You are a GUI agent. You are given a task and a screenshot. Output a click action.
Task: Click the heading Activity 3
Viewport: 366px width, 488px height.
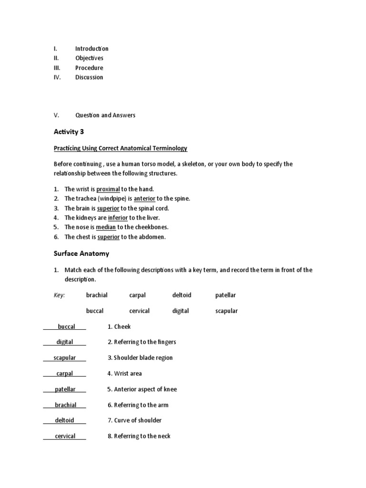pyautogui.click(x=69, y=132)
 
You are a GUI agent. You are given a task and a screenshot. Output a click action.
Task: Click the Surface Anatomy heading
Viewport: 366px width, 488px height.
pyautogui.click(x=81, y=254)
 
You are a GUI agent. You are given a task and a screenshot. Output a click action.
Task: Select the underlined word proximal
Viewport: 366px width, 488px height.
pyautogui.click(x=108, y=189)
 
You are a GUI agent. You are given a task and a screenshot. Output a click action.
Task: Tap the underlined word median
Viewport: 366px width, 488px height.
pyautogui.click(x=106, y=227)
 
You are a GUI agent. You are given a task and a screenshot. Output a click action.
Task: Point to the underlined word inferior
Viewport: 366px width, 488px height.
pyautogui.click(x=118, y=218)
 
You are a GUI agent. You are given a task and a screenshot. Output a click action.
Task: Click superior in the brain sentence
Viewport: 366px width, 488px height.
pyautogui.click(x=108, y=208)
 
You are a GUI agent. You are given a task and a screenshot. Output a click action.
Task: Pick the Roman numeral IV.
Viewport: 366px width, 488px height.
pyautogui.click(x=57, y=77)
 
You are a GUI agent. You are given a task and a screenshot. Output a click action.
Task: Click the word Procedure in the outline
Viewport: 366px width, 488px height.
pyautogui.click(x=89, y=68)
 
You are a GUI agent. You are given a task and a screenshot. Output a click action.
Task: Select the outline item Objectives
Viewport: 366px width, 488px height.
pyautogui.click(x=89, y=58)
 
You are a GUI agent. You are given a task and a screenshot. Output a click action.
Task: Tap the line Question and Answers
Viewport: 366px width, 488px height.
pyautogui.click(x=105, y=115)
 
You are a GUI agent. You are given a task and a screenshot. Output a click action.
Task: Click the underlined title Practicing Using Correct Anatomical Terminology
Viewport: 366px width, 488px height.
pyautogui.click(x=120, y=148)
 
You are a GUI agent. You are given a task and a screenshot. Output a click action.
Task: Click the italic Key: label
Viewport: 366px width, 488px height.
pyautogui.click(x=59, y=295)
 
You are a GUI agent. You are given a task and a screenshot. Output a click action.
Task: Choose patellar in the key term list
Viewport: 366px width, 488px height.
pyautogui.click(x=225, y=295)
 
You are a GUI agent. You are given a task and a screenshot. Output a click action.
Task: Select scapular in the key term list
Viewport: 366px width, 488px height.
pyautogui.click(x=226, y=311)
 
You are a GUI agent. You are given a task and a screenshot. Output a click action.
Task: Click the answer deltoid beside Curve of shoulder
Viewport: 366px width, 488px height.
pyautogui.click(x=65, y=420)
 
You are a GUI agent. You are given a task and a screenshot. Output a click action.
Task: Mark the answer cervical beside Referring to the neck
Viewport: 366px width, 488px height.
pyautogui.click(x=65, y=436)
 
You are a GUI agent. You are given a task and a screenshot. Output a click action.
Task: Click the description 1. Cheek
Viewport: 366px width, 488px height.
pyautogui.click(x=119, y=326)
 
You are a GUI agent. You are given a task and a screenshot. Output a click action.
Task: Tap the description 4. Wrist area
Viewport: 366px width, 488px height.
pyautogui.click(x=125, y=374)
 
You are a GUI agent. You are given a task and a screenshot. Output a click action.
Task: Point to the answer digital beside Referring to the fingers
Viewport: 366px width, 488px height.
pyautogui.click(x=65, y=342)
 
